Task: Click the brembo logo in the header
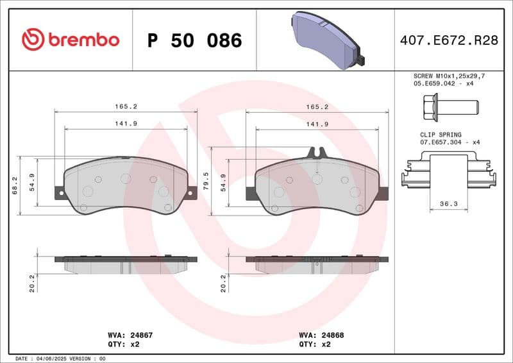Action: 71,40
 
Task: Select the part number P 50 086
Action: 194,40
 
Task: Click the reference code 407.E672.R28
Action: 449,40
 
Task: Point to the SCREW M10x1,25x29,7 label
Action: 449,76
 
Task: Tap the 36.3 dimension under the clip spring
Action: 448,203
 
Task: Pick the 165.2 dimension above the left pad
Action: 126,107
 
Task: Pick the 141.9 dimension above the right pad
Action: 317,124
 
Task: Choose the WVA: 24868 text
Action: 320,335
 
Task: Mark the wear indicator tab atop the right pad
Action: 317,152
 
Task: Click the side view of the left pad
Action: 126,264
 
